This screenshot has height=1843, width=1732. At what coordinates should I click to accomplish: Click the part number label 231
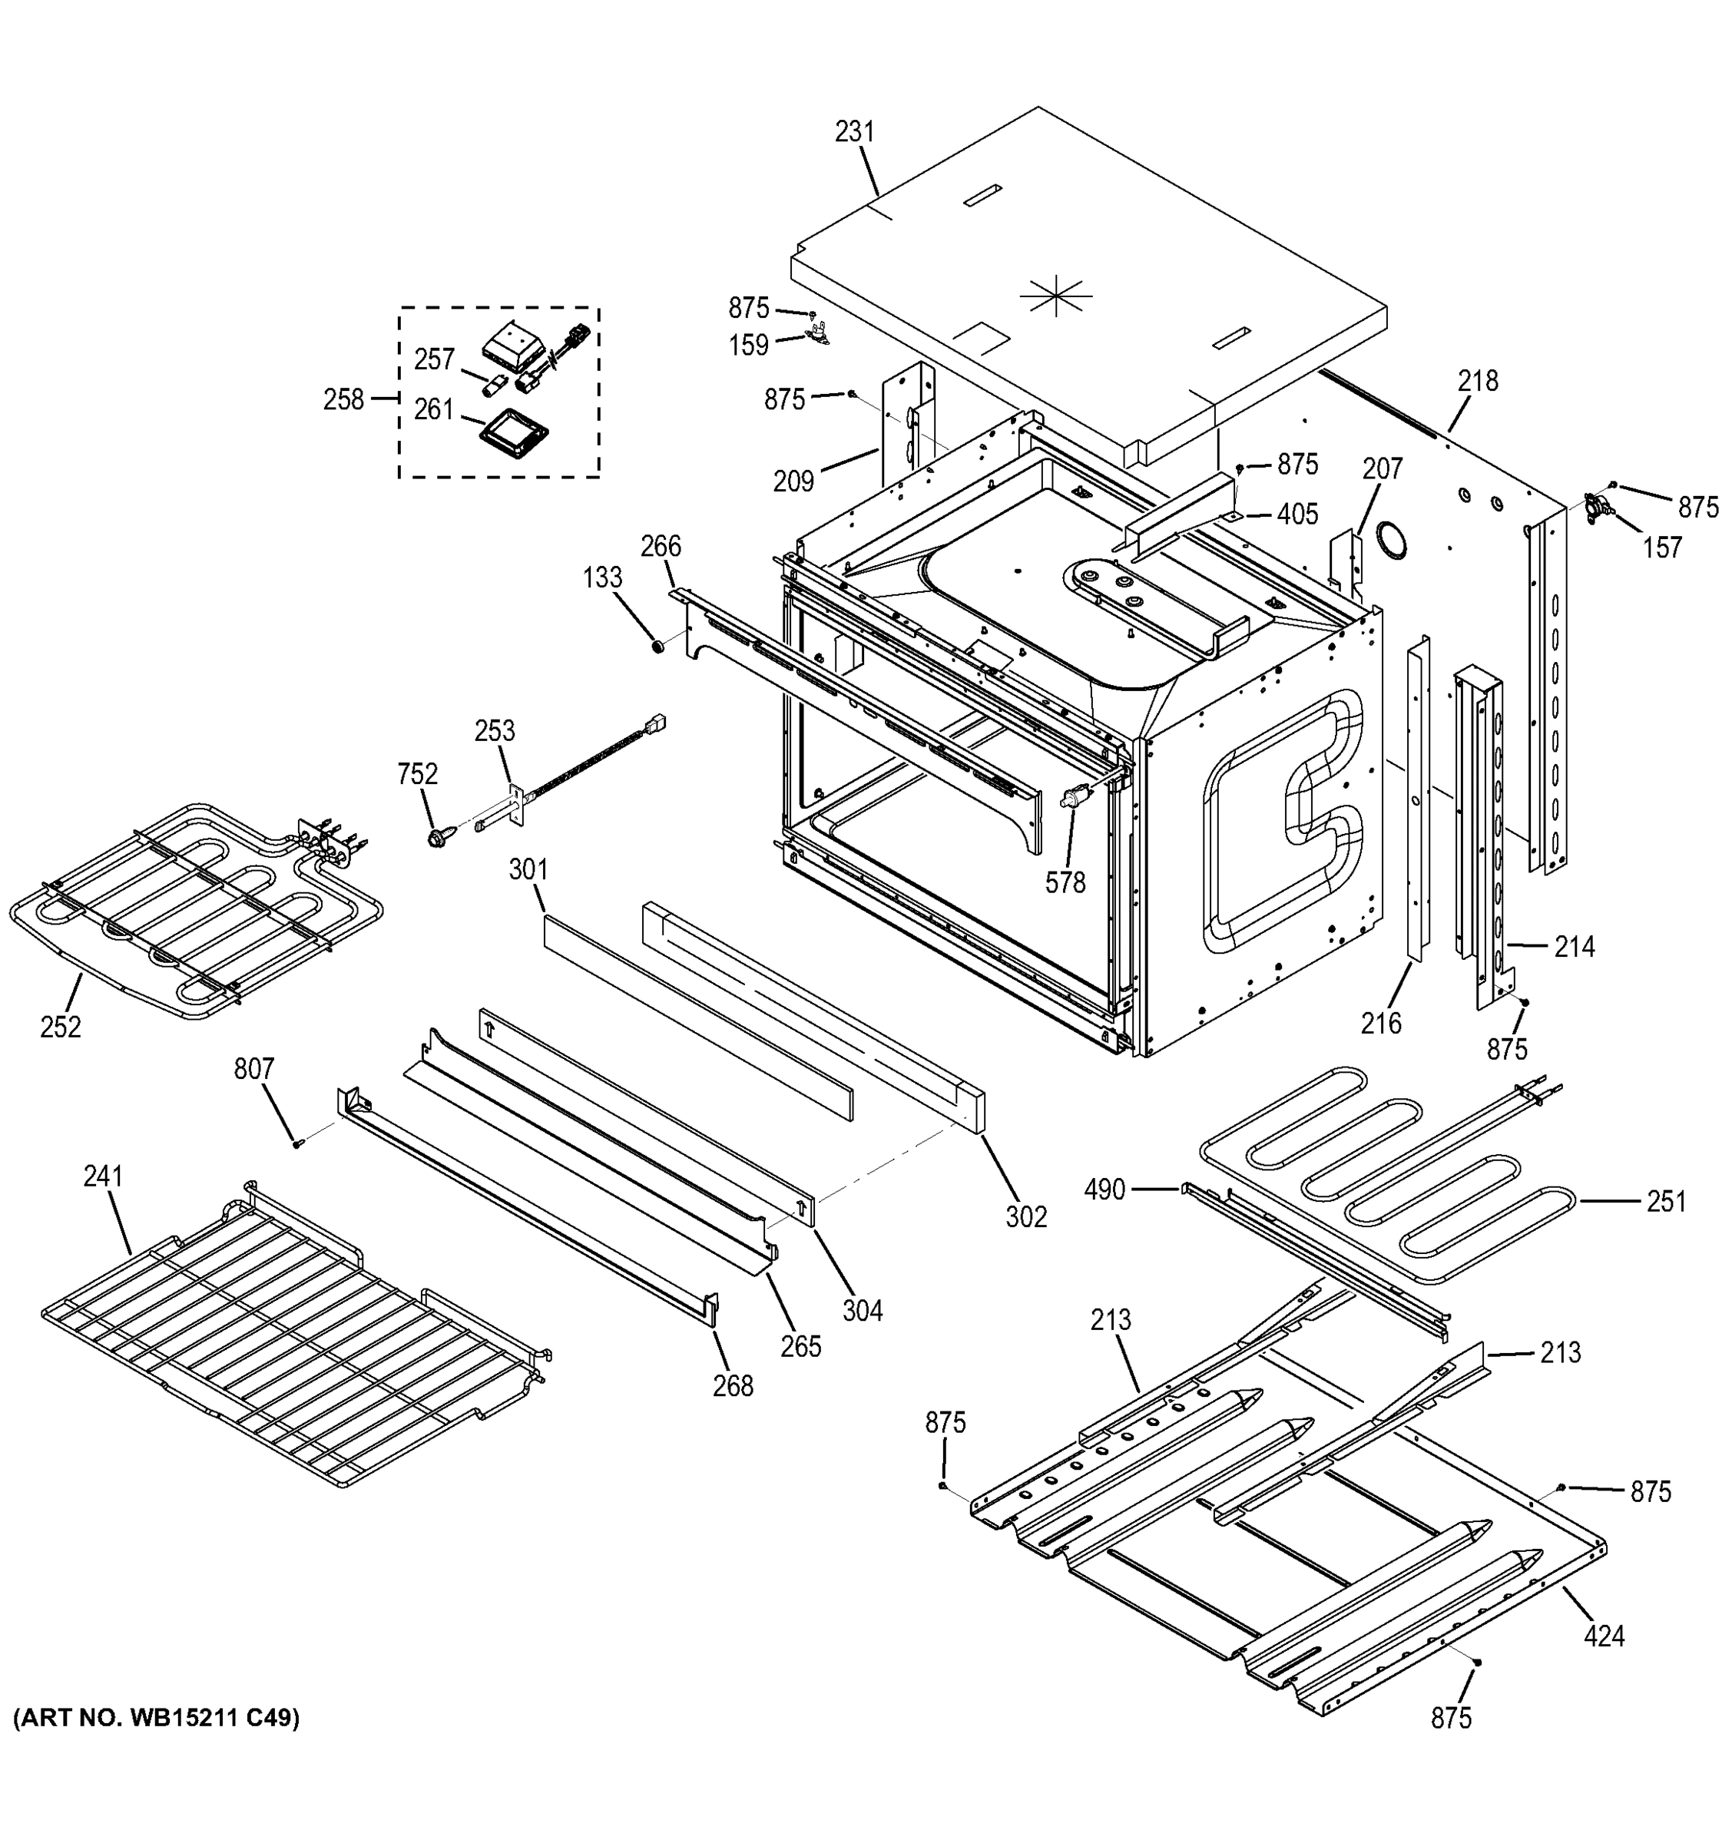(x=854, y=133)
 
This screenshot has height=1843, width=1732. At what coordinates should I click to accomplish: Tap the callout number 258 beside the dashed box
(x=343, y=399)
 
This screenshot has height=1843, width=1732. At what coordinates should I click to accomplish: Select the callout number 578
(x=1065, y=882)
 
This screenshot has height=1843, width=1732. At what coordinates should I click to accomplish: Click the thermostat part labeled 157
(x=1598, y=506)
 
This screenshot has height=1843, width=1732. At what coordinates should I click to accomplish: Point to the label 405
(x=1297, y=515)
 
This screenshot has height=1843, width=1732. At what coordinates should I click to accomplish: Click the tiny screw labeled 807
(x=296, y=1144)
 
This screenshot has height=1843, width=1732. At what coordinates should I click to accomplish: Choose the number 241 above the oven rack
(x=103, y=1176)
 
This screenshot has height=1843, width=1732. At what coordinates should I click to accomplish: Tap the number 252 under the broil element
(x=60, y=1027)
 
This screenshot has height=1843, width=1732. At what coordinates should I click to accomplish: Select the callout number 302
(x=1026, y=1217)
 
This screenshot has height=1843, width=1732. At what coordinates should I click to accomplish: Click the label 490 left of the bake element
(x=1104, y=1190)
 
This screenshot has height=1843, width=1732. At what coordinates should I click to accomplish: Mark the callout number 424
(x=1603, y=1636)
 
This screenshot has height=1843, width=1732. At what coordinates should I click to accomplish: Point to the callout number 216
(x=1380, y=1024)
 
